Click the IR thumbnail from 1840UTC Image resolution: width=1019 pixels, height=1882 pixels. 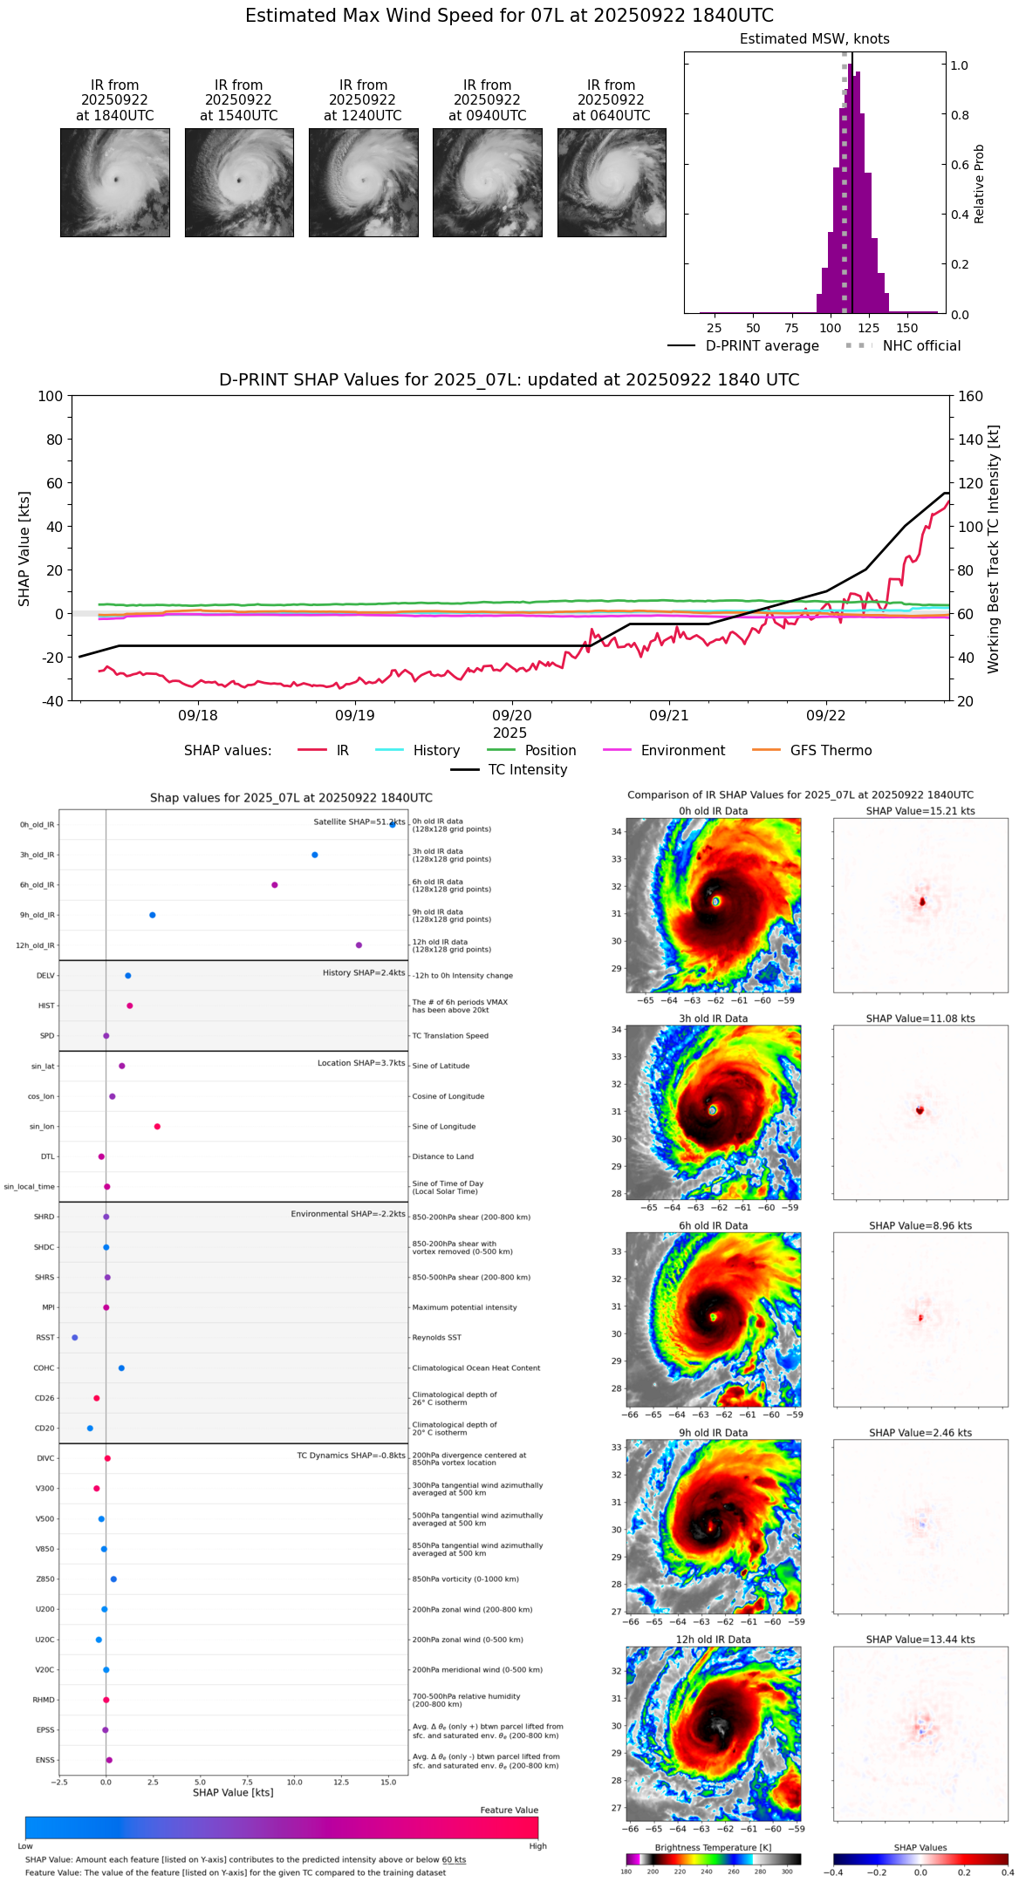(x=115, y=182)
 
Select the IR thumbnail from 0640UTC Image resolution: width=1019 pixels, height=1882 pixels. (x=612, y=182)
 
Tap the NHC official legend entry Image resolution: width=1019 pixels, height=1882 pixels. (x=920, y=346)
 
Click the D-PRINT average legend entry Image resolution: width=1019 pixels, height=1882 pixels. (x=762, y=346)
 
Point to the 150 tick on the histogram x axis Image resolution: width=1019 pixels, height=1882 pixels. (x=907, y=328)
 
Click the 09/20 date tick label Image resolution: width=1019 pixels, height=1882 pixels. (x=512, y=716)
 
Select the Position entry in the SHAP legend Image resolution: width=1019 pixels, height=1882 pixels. (x=550, y=751)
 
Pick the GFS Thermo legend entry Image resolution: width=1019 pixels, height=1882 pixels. (x=830, y=751)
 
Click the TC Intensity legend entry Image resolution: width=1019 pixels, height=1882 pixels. (x=527, y=770)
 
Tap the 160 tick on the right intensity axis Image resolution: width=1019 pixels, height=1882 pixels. (x=970, y=397)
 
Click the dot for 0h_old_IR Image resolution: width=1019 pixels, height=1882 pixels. (x=393, y=824)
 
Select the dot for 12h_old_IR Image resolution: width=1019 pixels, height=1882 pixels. (x=359, y=945)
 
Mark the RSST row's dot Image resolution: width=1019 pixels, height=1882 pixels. (x=75, y=1338)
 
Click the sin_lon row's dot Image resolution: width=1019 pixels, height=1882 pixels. (x=157, y=1127)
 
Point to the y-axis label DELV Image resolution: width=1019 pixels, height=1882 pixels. (x=45, y=976)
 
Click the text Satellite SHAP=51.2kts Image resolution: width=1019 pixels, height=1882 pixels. (x=359, y=822)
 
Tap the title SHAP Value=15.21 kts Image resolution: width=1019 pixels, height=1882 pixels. (x=920, y=811)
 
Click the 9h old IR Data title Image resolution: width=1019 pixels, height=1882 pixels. (x=713, y=1433)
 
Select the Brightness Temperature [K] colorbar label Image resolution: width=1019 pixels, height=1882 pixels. (x=713, y=1847)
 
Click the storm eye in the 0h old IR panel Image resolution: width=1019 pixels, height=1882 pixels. (x=715, y=901)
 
